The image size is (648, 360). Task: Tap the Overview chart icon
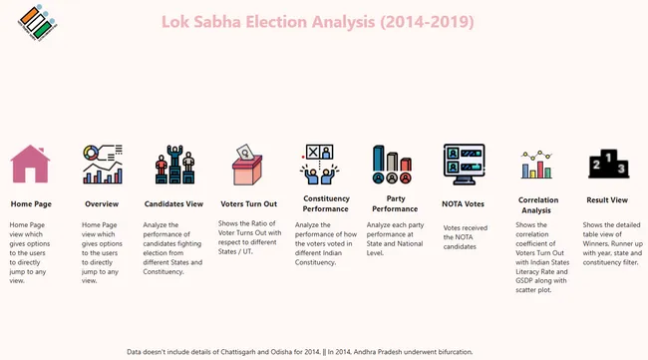coord(102,164)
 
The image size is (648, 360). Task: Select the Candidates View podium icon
coord(174,164)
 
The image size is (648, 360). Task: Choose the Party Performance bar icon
coord(393,164)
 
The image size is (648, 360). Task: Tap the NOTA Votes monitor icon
coord(464,164)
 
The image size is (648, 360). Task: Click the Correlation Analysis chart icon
coord(537,167)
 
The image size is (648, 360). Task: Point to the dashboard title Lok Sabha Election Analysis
coord(317,21)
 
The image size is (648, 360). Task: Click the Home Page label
coord(31,203)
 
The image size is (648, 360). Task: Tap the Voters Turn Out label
coord(247,203)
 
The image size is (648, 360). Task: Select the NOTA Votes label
coord(464,203)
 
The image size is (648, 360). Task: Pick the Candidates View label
coord(174,203)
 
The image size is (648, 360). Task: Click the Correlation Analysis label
coord(538,204)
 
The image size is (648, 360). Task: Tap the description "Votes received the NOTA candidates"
coord(465,236)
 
